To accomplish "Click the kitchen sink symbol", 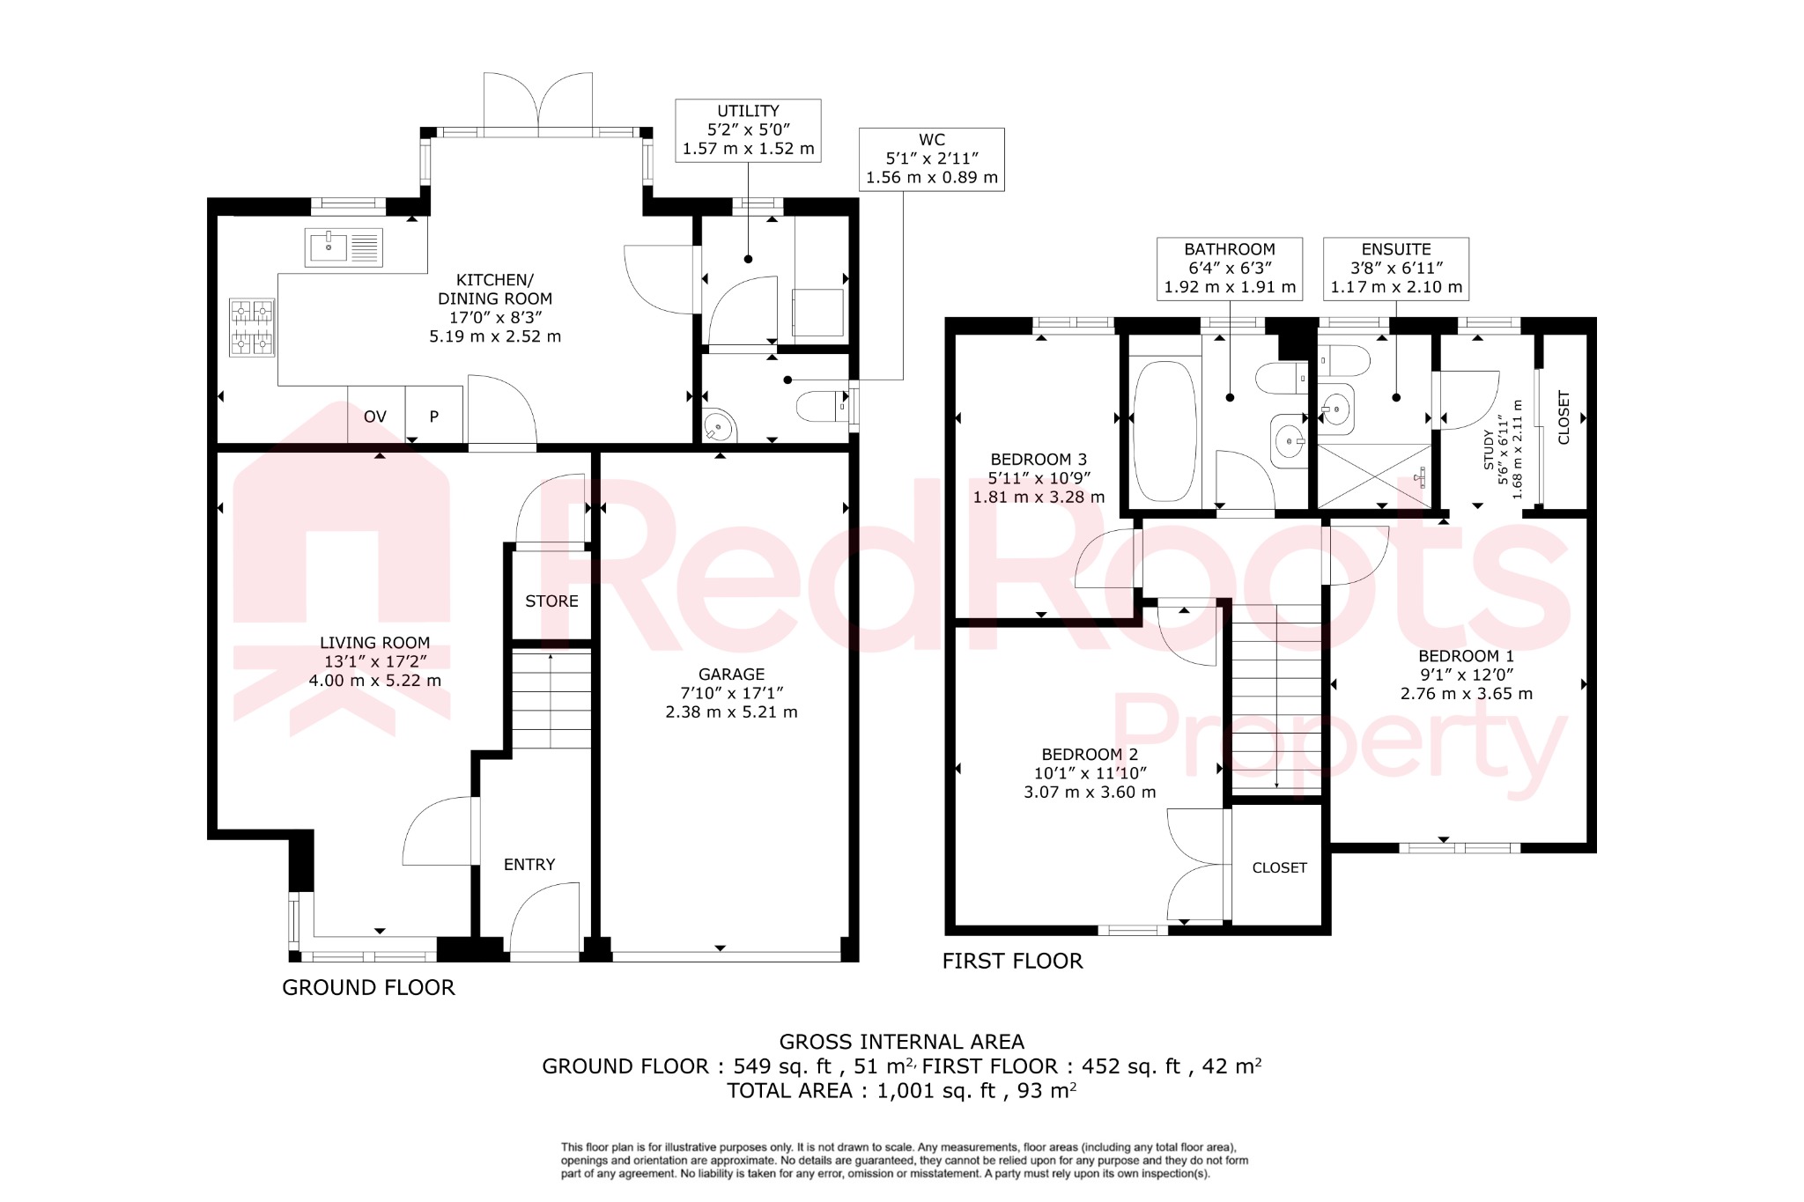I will pyautogui.click(x=344, y=247).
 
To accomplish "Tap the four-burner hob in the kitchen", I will pyautogui.click(x=252, y=328).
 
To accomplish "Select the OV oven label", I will pyautogui.click(x=375, y=417).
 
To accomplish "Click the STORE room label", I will pyautogui.click(x=551, y=601).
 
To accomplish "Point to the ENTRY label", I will pyautogui.click(x=529, y=865).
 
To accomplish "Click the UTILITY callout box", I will pyautogui.click(x=748, y=130).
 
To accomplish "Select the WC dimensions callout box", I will pyautogui.click(x=931, y=159).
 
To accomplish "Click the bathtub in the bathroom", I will pyautogui.click(x=1164, y=431).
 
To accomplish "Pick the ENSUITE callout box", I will pyautogui.click(x=1395, y=269).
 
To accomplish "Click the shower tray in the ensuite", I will pyautogui.click(x=1375, y=476).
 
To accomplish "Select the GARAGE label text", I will pyautogui.click(x=731, y=675).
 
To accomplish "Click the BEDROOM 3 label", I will pyautogui.click(x=1039, y=460).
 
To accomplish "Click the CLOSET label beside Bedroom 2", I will pyautogui.click(x=1279, y=868).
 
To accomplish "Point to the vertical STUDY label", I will pyautogui.click(x=1489, y=449).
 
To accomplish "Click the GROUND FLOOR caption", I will pyautogui.click(x=368, y=988).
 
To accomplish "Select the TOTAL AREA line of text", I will pyautogui.click(x=901, y=1091).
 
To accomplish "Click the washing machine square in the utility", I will pyautogui.click(x=817, y=312).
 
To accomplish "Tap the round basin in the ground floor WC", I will pyautogui.click(x=719, y=428).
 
